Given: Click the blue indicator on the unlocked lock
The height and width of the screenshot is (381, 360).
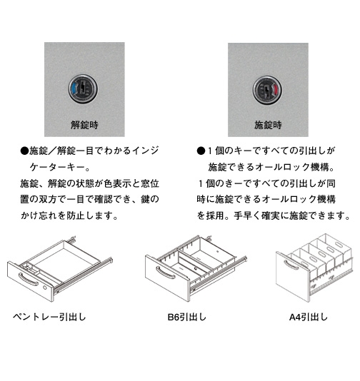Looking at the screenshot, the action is tap(74, 89).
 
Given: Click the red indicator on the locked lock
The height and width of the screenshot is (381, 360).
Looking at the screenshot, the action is tap(276, 90).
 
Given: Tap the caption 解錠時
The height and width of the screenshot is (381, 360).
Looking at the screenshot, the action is tap(84, 125).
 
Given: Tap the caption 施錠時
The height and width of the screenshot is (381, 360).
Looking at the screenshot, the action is tap(268, 125).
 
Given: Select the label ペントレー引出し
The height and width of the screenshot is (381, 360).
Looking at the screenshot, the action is tap(49, 317).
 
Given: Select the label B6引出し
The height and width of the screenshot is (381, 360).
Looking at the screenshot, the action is tap(187, 317).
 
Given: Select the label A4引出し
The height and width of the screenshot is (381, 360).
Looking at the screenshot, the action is tap(309, 317).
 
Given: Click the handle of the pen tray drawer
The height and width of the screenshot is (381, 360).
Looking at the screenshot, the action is tap(28, 280).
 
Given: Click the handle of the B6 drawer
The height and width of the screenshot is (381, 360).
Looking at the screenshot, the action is tap(166, 273).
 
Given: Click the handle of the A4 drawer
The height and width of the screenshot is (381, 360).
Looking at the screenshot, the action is tap(291, 265).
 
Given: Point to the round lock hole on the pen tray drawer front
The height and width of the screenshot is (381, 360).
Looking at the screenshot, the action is tap(45, 288).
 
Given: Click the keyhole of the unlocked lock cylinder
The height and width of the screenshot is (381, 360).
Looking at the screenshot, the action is tap(84, 88).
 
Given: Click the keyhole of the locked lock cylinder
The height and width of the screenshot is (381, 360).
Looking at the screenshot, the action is tap(266, 90).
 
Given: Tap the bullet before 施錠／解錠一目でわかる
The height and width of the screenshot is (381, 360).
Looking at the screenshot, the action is tap(24, 151).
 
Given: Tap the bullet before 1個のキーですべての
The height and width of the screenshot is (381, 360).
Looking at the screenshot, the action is tap(201, 151).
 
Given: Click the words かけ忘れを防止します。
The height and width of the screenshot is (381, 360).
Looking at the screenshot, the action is tap(69, 215).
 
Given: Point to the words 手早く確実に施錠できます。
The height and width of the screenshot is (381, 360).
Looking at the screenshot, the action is tap(292, 215).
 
